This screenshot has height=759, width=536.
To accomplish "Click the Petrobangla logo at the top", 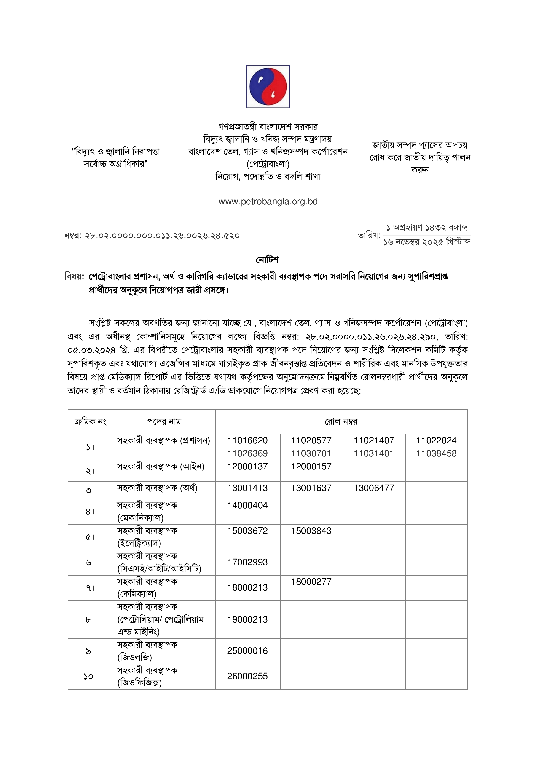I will (x=268, y=86).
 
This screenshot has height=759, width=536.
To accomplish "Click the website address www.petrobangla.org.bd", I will (x=268, y=201).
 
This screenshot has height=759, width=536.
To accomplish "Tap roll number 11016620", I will (x=247, y=440).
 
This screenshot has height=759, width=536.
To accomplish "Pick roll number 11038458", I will (x=436, y=453).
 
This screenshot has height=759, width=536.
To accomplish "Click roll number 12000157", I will (x=311, y=466).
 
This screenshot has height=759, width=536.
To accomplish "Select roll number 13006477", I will (x=374, y=488).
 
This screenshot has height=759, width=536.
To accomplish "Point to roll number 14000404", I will (x=247, y=505).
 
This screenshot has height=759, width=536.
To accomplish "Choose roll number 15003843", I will (x=311, y=531).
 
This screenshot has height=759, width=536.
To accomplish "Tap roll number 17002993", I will (x=247, y=562).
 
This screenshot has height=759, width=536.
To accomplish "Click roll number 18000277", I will (x=311, y=581).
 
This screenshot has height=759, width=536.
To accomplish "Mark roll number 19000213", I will (x=247, y=619).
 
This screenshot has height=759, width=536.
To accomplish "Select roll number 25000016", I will (x=247, y=651).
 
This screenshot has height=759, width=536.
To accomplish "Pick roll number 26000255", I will (x=247, y=676).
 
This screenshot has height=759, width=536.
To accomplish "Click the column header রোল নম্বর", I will (x=341, y=422).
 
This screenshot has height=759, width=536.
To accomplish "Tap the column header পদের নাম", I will (x=164, y=422).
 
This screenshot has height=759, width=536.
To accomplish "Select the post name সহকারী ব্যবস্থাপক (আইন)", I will (x=161, y=466).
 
